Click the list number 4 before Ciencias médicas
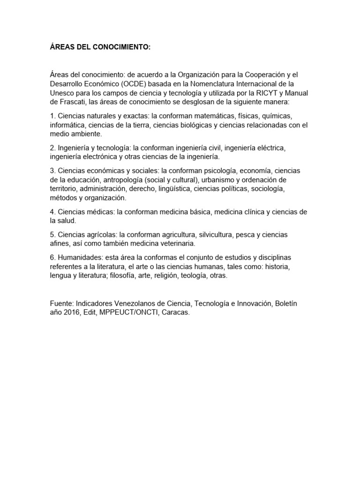point(52,211)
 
